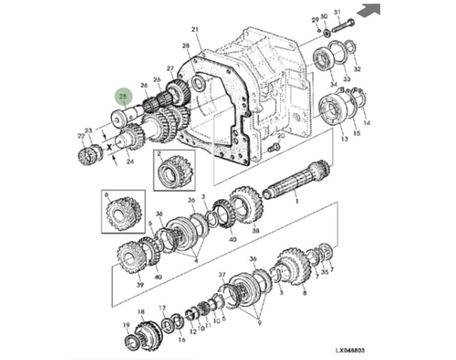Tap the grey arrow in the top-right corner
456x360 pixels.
pyautogui.click(x=368, y=10)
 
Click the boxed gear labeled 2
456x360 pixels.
pyautogui.click(x=174, y=170)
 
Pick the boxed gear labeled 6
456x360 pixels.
pyautogui.click(x=123, y=212)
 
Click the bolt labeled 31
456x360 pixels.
pyautogui.click(x=343, y=25)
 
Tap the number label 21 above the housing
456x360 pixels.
pyautogui.click(x=195, y=30)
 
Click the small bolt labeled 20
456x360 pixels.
pyautogui.click(x=274, y=146)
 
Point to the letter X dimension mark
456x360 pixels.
pyautogui.click(x=109, y=146)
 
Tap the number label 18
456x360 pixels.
pyautogui.click(x=141, y=312)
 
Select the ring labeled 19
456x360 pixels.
pyautogui.click(x=132, y=342)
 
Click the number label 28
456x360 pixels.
pyautogui.click(x=185, y=46)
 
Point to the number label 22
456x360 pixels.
pyautogui.click(x=81, y=136)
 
